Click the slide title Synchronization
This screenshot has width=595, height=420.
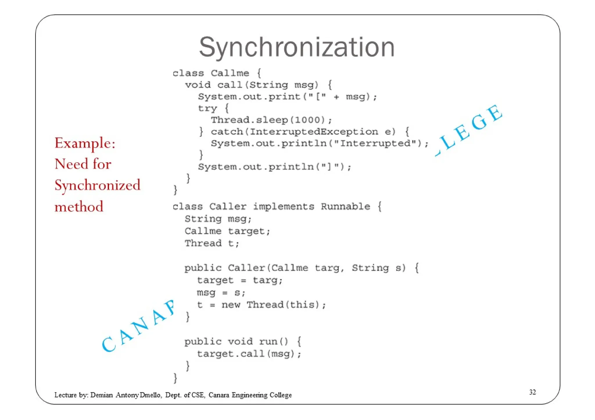coord(297,47)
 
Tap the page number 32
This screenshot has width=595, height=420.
coord(532,392)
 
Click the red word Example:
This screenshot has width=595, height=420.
coord(85,143)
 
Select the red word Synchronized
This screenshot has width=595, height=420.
coord(97,185)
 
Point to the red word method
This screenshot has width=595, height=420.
coord(79,207)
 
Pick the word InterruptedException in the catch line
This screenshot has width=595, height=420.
coord(314,132)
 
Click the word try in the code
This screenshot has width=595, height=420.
coord(207,108)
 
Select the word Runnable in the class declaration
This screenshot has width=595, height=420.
coord(345,206)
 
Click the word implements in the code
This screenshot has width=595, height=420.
coord(284,206)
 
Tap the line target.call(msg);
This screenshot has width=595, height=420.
coord(249,354)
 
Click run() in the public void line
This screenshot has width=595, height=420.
coord(273,341)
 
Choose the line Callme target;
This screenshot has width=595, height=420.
coord(227,231)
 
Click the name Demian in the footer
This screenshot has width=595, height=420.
coord(101,395)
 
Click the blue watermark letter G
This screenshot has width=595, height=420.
coord(479,122)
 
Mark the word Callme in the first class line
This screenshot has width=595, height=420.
coord(230,73)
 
